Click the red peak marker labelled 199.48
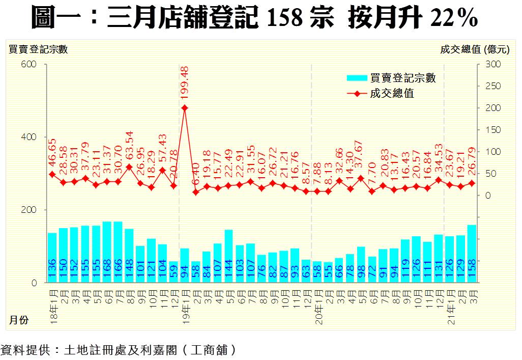click(185, 108)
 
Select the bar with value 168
click(107, 252)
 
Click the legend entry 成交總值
click(391, 94)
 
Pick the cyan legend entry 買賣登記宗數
click(391, 78)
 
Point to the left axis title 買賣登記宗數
click(38, 49)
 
